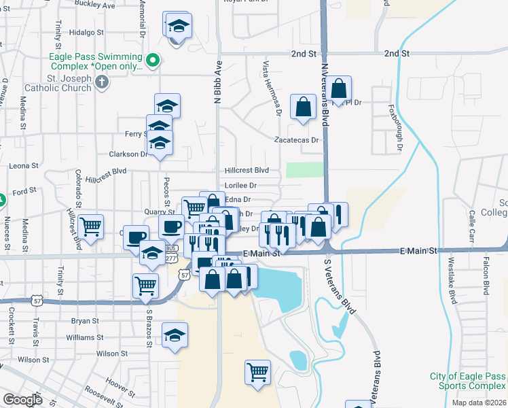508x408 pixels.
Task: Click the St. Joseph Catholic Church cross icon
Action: [x=101, y=82]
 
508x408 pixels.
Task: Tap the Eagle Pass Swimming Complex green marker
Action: [x=153, y=61]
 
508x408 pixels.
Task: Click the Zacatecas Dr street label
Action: [x=296, y=140]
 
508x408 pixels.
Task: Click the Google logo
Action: [x=22, y=400]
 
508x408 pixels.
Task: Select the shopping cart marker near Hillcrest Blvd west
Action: [x=90, y=225]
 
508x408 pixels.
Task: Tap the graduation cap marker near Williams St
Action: [x=175, y=335]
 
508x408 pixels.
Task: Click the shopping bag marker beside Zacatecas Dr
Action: [x=303, y=106]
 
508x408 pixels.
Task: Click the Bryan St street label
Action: [x=85, y=320]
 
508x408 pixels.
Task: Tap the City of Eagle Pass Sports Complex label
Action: [x=467, y=381]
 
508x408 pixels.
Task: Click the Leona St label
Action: [x=23, y=166]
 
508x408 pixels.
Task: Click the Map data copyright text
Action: [x=479, y=403]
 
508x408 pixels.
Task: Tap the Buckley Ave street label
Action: [x=101, y=5]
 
